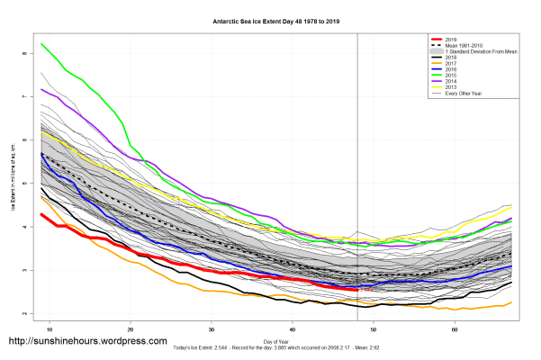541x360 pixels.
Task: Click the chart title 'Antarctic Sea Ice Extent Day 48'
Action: pyautogui.click(x=270, y=19)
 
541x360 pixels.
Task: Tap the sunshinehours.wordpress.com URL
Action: pyautogui.click(x=87, y=342)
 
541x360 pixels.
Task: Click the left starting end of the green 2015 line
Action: pyautogui.click(x=41, y=43)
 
